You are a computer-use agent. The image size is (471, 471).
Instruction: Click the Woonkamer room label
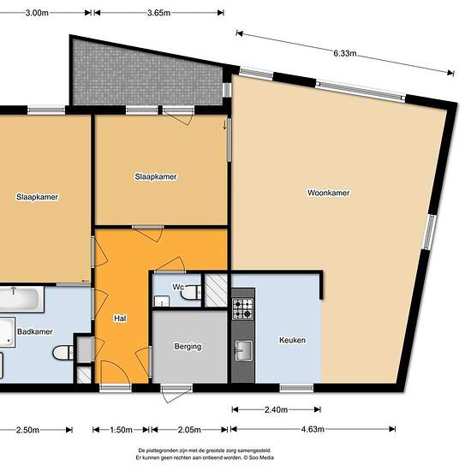pyautogui.click(x=328, y=193)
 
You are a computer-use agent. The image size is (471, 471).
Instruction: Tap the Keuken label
pyautogui.click(x=292, y=340)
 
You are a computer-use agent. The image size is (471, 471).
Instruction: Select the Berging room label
pyautogui.click(x=188, y=347)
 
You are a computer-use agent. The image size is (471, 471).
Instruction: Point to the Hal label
pyautogui.click(x=120, y=318)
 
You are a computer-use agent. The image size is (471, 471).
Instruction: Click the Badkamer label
pyautogui.click(x=35, y=331)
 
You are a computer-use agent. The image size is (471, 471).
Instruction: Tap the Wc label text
pyautogui.click(x=178, y=287)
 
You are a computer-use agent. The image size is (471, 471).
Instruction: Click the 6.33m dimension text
pyautogui.click(x=345, y=53)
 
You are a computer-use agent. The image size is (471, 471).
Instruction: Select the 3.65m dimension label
pyautogui.click(x=158, y=13)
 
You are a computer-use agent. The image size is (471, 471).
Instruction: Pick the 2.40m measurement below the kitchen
pyautogui.click(x=276, y=409)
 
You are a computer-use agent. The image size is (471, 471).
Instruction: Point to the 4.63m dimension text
pyautogui.click(x=313, y=429)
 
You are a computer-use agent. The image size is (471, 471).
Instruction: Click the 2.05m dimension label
pyautogui.click(x=189, y=430)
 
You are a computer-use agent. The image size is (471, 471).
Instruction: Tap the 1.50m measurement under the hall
pyautogui.click(x=121, y=430)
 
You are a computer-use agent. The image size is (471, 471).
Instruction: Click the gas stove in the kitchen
pyautogui.click(x=242, y=309)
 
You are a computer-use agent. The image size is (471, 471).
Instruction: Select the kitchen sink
pyautogui.click(x=243, y=350)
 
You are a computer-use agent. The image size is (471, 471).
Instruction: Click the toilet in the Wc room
pyautogui.click(x=191, y=293)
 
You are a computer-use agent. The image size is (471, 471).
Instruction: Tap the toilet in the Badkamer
pyautogui.click(x=63, y=353)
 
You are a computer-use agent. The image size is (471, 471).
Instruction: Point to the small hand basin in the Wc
pyautogui.click(x=162, y=301)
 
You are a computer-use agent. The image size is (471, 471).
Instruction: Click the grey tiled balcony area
pyautogui.click(x=147, y=75)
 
